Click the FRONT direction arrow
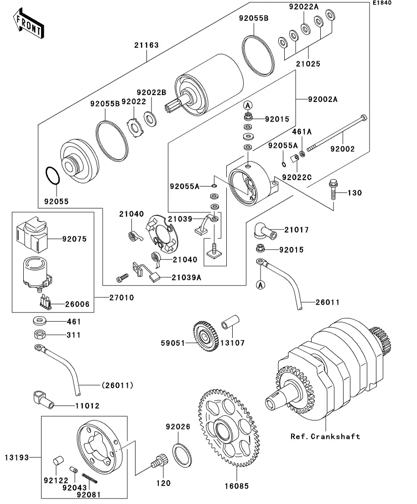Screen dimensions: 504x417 (29, 25)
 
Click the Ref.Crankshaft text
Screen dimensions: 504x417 (325, 436)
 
